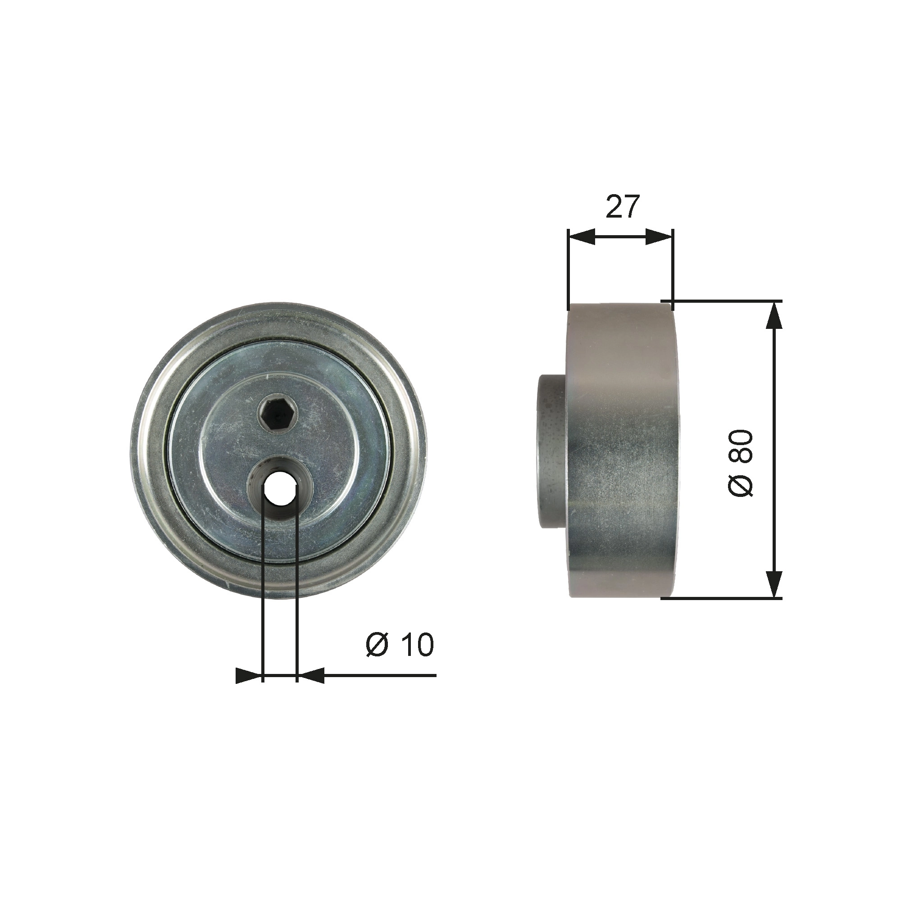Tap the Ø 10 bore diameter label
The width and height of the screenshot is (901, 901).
(400, 645)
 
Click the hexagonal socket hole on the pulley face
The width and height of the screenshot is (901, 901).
(276, 411)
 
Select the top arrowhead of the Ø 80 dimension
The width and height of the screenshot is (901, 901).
(774, 316)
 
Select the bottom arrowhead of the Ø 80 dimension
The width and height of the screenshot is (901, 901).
(774, 583)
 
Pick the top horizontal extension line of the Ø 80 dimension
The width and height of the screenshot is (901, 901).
(723, 301)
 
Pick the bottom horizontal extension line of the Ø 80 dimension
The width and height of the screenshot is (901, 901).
(723, 598)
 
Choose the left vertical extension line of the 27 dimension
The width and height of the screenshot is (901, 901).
(569, 270)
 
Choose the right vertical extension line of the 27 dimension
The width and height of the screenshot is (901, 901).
(673, 270)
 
